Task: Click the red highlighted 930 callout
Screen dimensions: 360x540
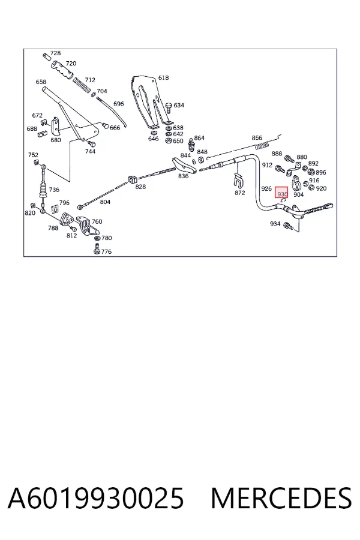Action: (282, 193)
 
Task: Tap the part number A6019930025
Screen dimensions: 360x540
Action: (95, 499)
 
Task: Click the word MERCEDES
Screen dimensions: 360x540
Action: (281, 499)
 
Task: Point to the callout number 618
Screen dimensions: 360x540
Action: (163, 78)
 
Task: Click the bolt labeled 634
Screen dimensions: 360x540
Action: (169, 107)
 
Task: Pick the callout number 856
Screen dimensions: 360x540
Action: (257, 138)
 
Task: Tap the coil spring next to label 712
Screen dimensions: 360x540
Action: (83, 86)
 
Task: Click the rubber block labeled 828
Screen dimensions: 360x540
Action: (133, 179)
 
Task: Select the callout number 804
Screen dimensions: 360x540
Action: (105, 202)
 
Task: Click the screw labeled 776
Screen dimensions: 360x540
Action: (97, 248)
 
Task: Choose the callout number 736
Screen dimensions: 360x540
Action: (54, 190)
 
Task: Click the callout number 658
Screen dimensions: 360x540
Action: (41, 82)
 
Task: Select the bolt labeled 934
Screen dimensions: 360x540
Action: (288, 226)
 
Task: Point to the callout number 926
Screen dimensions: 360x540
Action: (266, 189)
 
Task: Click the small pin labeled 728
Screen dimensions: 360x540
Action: (47, 56)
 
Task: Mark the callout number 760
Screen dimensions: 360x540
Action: (97, 221)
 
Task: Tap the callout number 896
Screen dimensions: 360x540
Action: (321, 172)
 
